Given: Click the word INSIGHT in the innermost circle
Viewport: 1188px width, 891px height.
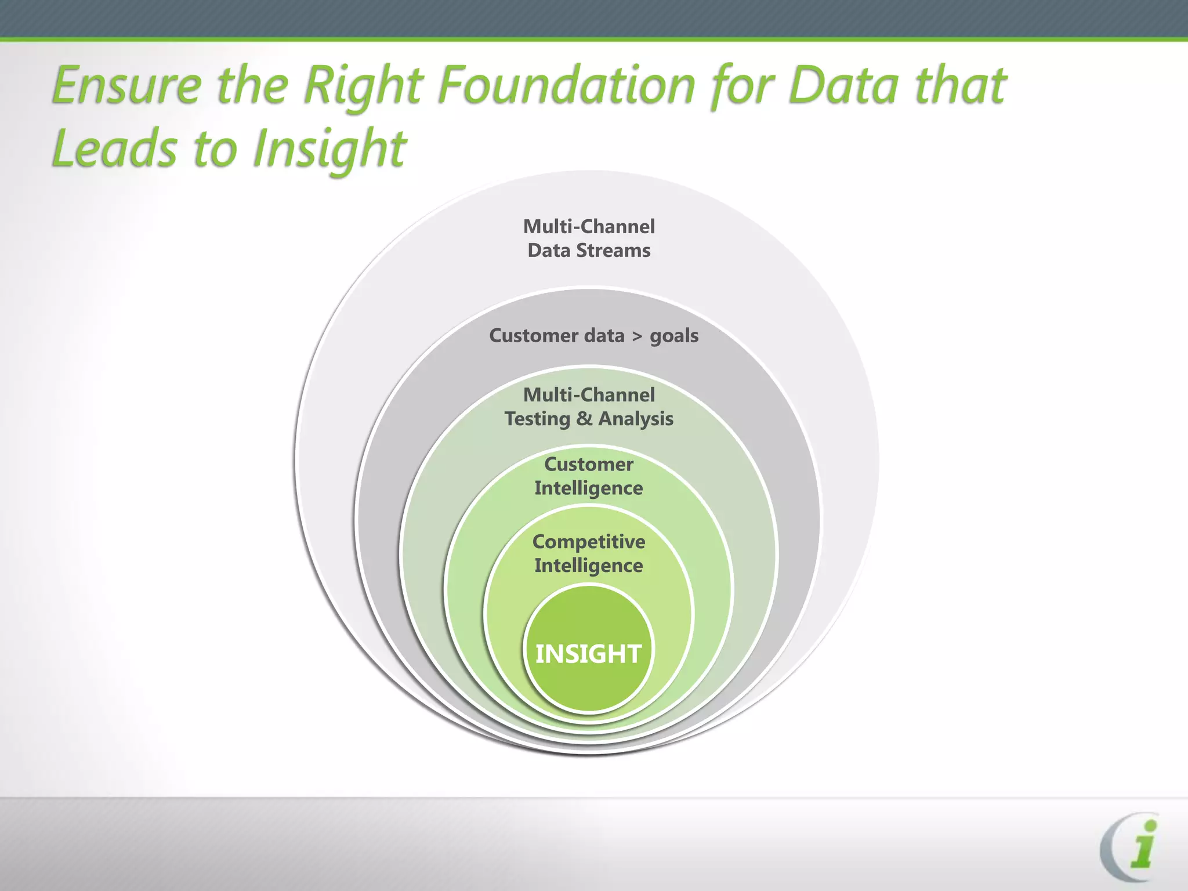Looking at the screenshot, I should click(x=588, y=654).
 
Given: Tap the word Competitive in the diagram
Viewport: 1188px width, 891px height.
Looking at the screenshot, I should click(x=589, y=542).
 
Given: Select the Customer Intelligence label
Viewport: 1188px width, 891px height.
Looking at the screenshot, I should click(x=588, y=476).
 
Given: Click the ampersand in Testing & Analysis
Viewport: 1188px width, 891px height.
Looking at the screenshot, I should click(x=584, y=418).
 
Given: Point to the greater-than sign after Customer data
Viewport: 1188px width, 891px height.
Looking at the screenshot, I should click(x=638, y=336).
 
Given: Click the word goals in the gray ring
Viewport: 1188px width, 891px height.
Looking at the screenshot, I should click(x=674, y=336).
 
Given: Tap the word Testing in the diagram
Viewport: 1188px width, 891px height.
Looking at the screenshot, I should click(x=537, y=419).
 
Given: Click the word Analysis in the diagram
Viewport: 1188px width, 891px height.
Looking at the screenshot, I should click(x=636, y=419).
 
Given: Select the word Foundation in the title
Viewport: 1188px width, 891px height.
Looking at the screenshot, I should click(x=566, y=86).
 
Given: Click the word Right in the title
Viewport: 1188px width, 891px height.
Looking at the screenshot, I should click(x=364, y=86).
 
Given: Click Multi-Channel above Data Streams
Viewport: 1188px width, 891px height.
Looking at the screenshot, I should click(x=589, y=226).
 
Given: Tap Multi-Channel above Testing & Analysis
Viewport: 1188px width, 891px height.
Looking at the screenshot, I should click(x=589, y=394).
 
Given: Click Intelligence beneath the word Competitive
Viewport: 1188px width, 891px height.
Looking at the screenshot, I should click(x=588, y=566).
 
